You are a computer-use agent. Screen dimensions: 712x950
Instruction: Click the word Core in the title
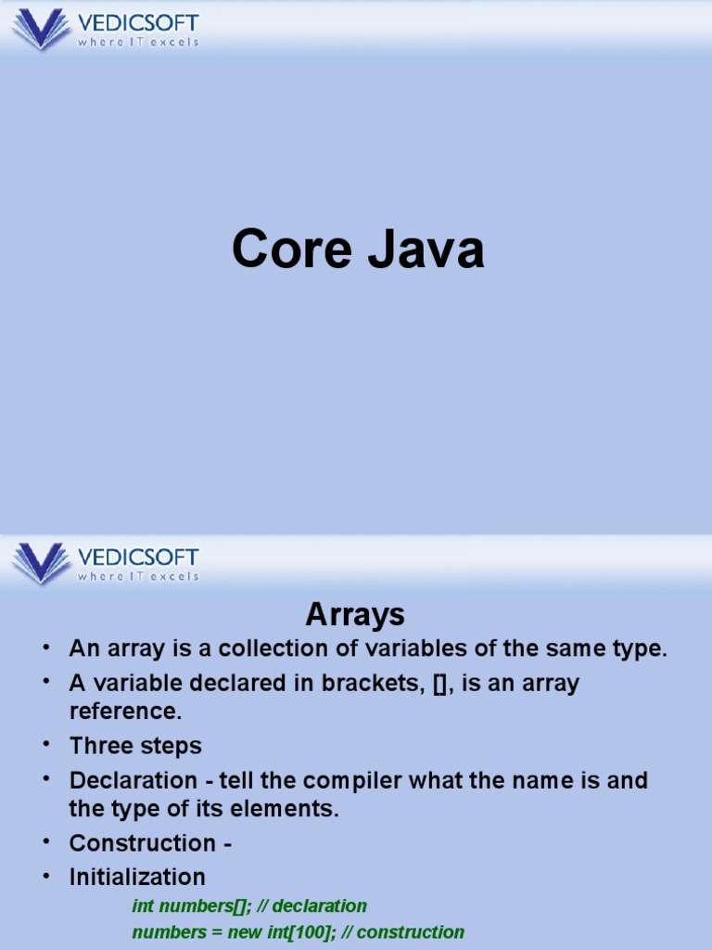click(x=291, y=248)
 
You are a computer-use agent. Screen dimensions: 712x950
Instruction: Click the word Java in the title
click(x=426, y=248)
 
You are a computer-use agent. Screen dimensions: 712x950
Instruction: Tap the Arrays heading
click(x=355, y=615)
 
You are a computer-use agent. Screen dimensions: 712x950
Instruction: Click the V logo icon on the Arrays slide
click(x=41, y=562)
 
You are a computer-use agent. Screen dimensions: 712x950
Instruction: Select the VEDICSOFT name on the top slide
click(x=138, y=23)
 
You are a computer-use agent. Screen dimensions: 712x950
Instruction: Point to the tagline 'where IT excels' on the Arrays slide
click(x=138, y=576)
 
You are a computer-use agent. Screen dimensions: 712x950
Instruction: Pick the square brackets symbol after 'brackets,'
click(x=439, y=684)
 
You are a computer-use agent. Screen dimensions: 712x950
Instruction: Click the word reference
click(x=125, y=712)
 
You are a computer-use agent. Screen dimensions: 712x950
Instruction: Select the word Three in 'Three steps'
click(x=100, y=745)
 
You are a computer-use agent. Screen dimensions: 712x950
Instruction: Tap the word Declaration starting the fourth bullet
click(x=133, y=780)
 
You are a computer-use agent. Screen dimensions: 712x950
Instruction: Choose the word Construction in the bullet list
click(x=142, y=843)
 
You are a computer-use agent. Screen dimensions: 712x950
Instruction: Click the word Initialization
click(x=137, y=878)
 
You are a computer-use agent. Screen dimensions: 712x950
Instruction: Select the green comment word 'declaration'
click(x=320, y=905)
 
